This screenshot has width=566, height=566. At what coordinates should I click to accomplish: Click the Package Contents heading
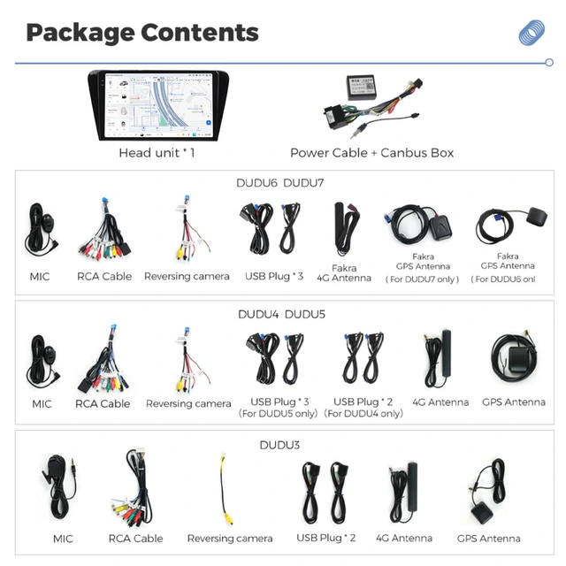pos(141,33)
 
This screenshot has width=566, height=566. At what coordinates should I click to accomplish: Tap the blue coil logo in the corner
pos(531,33)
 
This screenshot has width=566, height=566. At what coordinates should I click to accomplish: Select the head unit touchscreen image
pos(156,105)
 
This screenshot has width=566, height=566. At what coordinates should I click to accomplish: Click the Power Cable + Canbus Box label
pos(371,153)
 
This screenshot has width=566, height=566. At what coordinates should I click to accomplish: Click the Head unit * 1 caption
pos(157,153)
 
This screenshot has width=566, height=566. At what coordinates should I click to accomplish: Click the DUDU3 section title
pos(279,445)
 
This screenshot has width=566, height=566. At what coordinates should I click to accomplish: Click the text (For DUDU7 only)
pos(423,279)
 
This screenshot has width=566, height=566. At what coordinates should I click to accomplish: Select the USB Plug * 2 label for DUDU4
pos(363,402)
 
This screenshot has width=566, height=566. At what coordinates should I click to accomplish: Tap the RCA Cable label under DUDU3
pos(135,539)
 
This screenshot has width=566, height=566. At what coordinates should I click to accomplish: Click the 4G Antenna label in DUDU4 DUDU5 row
pos(440,402)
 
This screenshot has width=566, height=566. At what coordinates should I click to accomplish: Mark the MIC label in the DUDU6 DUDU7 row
pos(40,277)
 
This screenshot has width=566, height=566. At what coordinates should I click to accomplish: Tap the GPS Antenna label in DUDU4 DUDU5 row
pos(514,402)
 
